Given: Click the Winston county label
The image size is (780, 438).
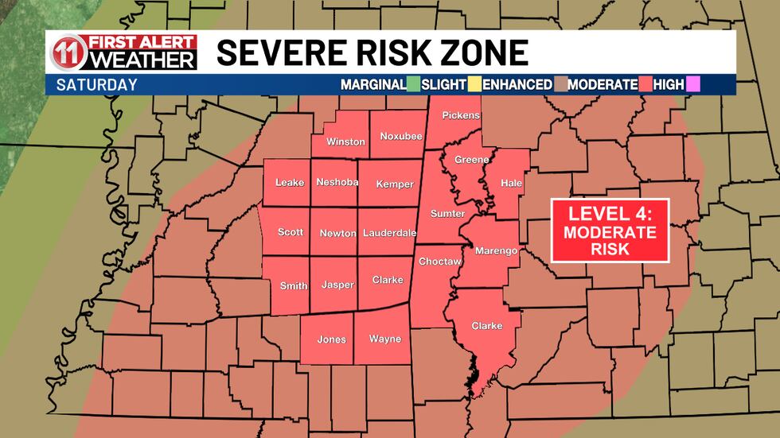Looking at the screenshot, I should [345, 142].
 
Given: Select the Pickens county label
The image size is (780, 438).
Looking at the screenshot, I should [461, 116].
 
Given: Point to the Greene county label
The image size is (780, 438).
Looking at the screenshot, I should [471, 160].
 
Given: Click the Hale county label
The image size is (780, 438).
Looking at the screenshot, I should [511, 183].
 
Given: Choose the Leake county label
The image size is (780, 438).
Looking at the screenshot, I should [290, 183].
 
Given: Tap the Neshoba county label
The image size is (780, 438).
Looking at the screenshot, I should [337, 183].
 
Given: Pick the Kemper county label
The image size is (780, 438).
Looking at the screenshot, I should [395, 184].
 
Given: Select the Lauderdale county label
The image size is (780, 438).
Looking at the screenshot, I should [390, 233].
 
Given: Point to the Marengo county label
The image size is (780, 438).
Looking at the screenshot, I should [496, 251].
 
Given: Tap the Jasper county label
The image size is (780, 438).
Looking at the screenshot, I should [337, 285].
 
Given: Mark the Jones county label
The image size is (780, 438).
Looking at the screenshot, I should [332, 339].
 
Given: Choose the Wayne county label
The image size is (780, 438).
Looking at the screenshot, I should [385, 339].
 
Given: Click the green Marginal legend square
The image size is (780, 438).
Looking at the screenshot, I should [414, 83].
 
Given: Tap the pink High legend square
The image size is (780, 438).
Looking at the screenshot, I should [692, 83].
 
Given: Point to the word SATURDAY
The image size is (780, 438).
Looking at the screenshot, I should [96, 84].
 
